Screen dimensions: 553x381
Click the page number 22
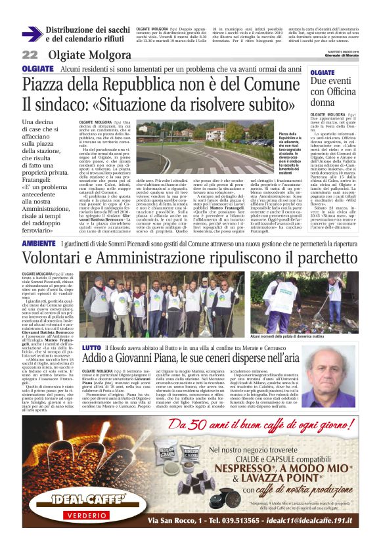pos(30,55)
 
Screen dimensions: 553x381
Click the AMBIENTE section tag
pos(38,244)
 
